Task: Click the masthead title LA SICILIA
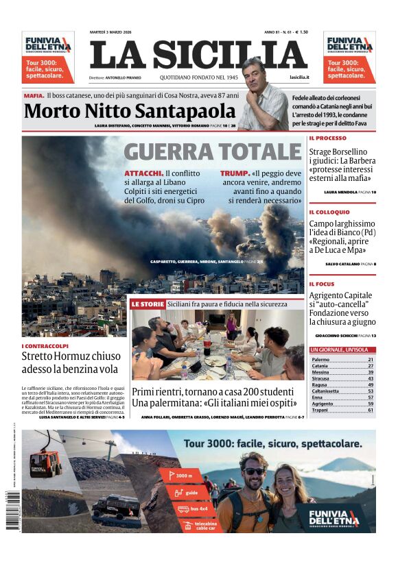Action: click(x=198, y=55)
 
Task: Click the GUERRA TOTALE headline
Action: click(x=213, y=152)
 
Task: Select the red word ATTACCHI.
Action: click(x=143, y=173)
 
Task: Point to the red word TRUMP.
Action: click(x=234, y=173)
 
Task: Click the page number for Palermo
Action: click(x=371, y=359)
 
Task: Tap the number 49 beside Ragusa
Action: click(x=371, y=384)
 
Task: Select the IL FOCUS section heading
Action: click(x=322, y=284)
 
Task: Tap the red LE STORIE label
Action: click(x=148, y=304)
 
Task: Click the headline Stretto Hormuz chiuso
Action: click(x=71, y=356)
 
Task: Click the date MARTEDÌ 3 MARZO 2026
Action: click(x=114, y=32)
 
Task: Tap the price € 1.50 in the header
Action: click(x=300, y=32)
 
